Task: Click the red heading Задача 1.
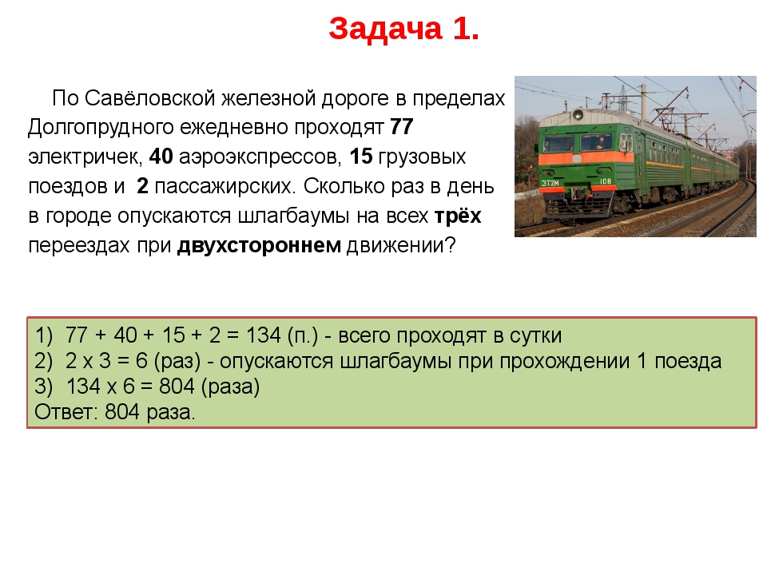tap(404, 29)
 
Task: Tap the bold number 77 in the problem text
tap(401, 128)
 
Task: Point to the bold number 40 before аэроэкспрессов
tap(161, 157)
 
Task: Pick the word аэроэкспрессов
tap(260, 157)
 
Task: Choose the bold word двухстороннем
tap(259, 245)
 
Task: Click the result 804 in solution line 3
tap(176, 387)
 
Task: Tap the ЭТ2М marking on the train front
tap(550, 182)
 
